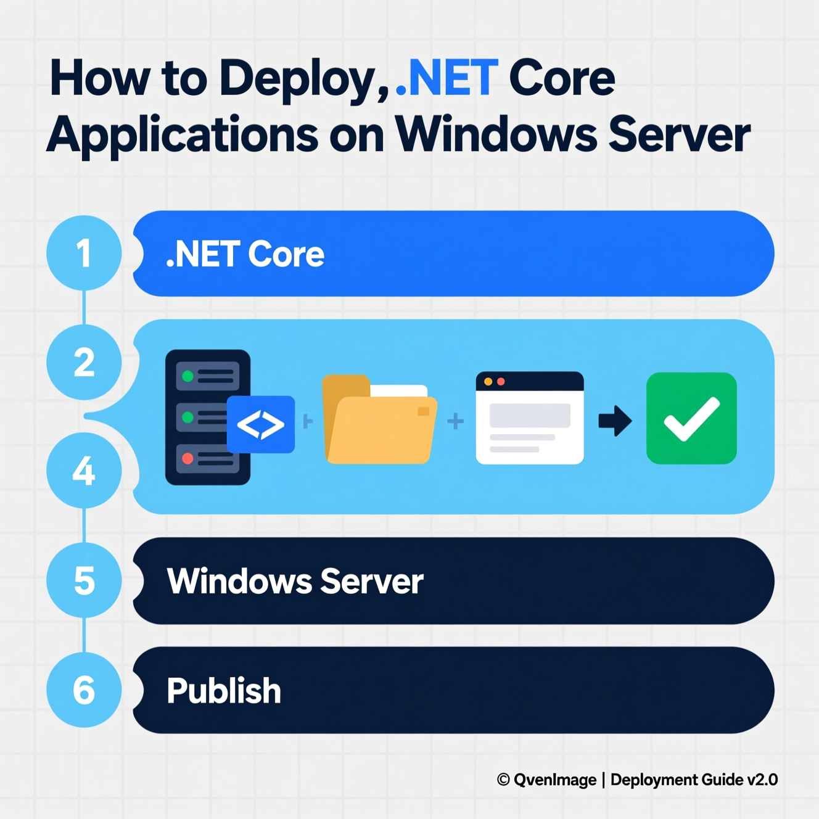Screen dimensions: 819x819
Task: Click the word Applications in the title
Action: (x=183, y=135)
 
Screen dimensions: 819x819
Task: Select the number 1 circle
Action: (x=84, y=253)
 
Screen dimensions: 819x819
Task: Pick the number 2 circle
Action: (x=84, y=362)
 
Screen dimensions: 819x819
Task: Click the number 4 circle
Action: (x=84, y=471)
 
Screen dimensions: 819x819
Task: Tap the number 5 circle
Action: (x=84, y=580)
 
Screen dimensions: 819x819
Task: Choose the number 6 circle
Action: (x=84, y=689)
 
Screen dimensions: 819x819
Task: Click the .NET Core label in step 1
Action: (x=245, y=254)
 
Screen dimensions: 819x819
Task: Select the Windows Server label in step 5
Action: (x=295, y=581)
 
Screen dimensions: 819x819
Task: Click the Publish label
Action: (x=223, y=691)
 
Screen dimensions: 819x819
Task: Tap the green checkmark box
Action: (x=691, y=418)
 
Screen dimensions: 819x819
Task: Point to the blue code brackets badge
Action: (x=261, y=424)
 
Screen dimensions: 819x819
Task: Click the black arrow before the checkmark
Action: (x=615, y=421)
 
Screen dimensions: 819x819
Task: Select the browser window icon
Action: (x=530, y=418)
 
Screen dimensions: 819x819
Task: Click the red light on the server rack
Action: (x=188, y=459)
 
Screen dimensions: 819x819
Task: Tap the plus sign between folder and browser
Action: (x=455, y=421)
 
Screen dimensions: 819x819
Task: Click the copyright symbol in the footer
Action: (x=503, y=780)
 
